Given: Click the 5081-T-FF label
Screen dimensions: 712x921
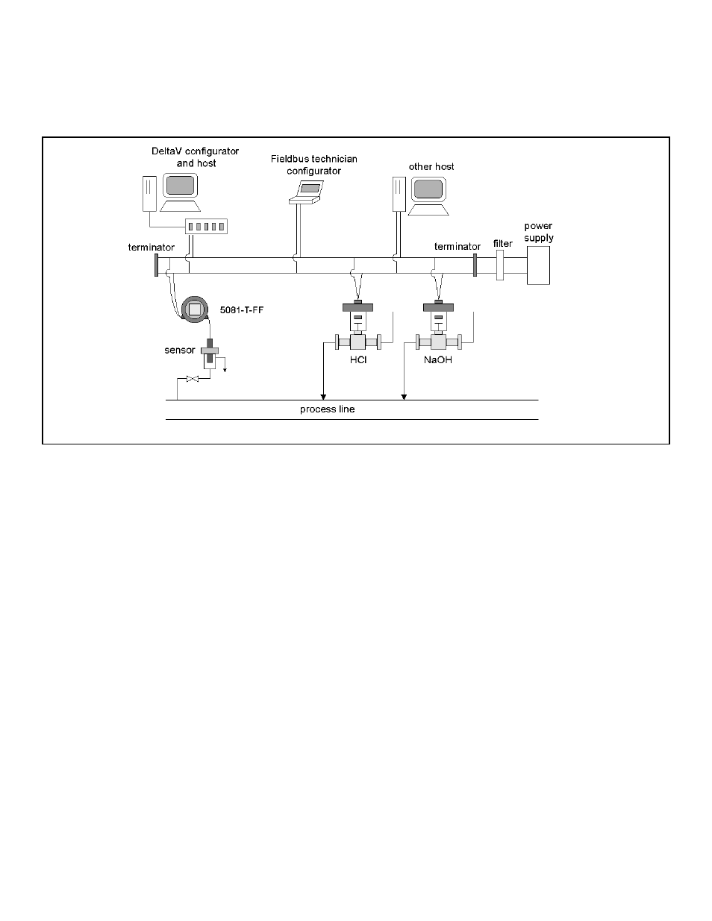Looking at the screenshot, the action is [241, 309].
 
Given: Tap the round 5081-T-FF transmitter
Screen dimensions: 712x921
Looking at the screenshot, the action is [195, 309].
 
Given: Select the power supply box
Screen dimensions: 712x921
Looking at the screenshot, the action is [538, 265].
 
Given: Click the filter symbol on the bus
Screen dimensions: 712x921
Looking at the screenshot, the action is [500, 265].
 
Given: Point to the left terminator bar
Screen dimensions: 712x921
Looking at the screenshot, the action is [156, 265].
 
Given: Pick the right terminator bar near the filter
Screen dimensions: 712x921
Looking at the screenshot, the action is [475, 265].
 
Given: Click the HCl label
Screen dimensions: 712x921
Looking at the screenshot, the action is [358, 360].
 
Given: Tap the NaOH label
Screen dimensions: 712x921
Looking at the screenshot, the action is [438, 360].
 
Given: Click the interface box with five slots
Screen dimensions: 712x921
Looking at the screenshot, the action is [207, 226].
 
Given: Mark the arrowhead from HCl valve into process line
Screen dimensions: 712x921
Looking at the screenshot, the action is [324, 397].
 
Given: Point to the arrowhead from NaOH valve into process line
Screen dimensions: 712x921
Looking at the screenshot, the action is [404, 397].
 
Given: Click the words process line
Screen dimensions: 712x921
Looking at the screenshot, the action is [328, 409].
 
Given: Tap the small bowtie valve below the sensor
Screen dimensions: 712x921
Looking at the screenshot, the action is [193, 379].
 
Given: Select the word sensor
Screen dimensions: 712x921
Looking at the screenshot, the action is [180, 350].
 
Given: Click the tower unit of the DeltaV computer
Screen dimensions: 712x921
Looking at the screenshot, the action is [149, 194].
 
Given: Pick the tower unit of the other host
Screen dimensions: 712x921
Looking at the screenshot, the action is [399, 194].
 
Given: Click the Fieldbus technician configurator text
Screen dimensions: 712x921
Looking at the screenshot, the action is [314, 165].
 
